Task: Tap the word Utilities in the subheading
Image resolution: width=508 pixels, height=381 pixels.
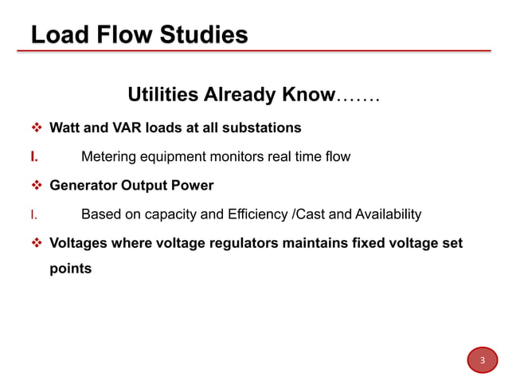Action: point(162,96)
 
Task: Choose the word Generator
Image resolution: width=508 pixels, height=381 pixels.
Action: point(84,186)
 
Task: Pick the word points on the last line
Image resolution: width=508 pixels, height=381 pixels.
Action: point(70,268)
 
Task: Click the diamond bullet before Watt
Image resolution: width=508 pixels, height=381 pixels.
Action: point(36,128)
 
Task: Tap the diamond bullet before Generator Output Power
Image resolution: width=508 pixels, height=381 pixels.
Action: point(36,186)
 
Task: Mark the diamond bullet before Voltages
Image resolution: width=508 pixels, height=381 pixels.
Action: point(36,243)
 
